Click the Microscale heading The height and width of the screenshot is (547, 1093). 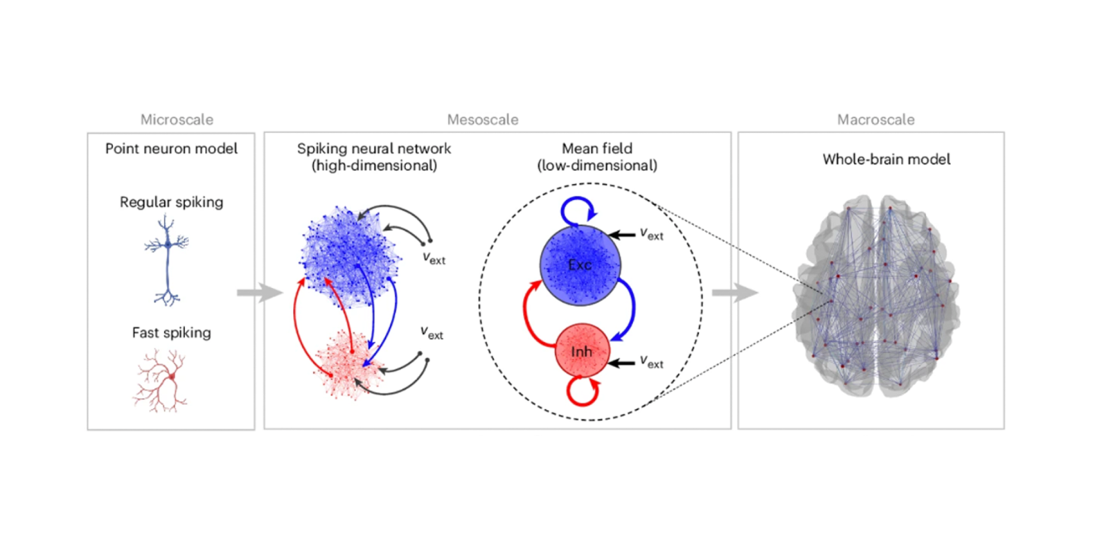tap(177, 120)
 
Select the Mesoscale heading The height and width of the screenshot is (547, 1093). tap(483, 120)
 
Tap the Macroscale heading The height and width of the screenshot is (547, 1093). tap(876, 120)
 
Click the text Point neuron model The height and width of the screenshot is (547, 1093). tap(171, 148)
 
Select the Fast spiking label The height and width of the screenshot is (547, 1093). tap(172, 332)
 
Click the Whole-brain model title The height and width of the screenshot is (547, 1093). tap(875, 160)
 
